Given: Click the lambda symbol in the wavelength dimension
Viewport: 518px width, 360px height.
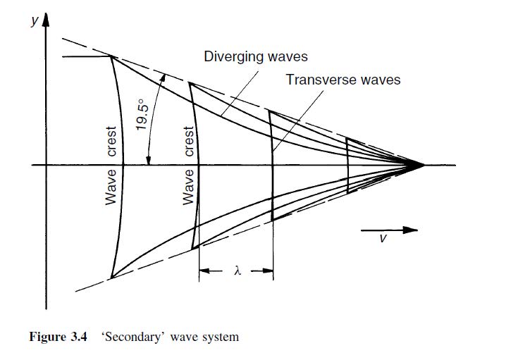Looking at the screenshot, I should click(238, 270).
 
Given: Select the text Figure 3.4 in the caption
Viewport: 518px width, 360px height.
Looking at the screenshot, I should click(58, 337).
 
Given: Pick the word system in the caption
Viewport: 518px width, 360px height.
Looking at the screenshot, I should click(220, 337).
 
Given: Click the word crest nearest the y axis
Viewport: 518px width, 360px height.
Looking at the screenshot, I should click(111, 142).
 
